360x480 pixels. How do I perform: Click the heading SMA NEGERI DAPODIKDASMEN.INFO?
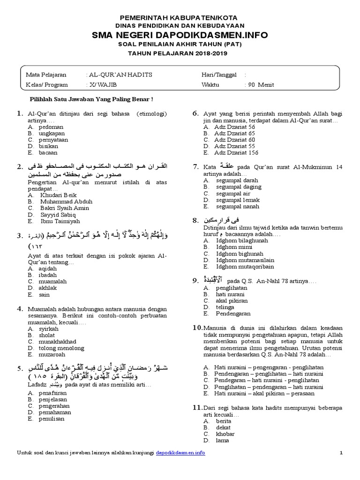tap(180, 35)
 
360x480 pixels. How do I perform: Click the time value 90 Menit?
tap(260, 85)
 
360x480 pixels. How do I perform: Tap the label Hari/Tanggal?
tap(219, 75)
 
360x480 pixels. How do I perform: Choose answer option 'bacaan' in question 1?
tap(49, 152)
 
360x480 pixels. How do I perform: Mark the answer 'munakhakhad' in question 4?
tap(58, 342)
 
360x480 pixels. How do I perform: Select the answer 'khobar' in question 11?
tap(224, 434)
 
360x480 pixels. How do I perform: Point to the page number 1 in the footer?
tap(341, 452)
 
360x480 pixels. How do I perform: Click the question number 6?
tap(196, 113)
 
